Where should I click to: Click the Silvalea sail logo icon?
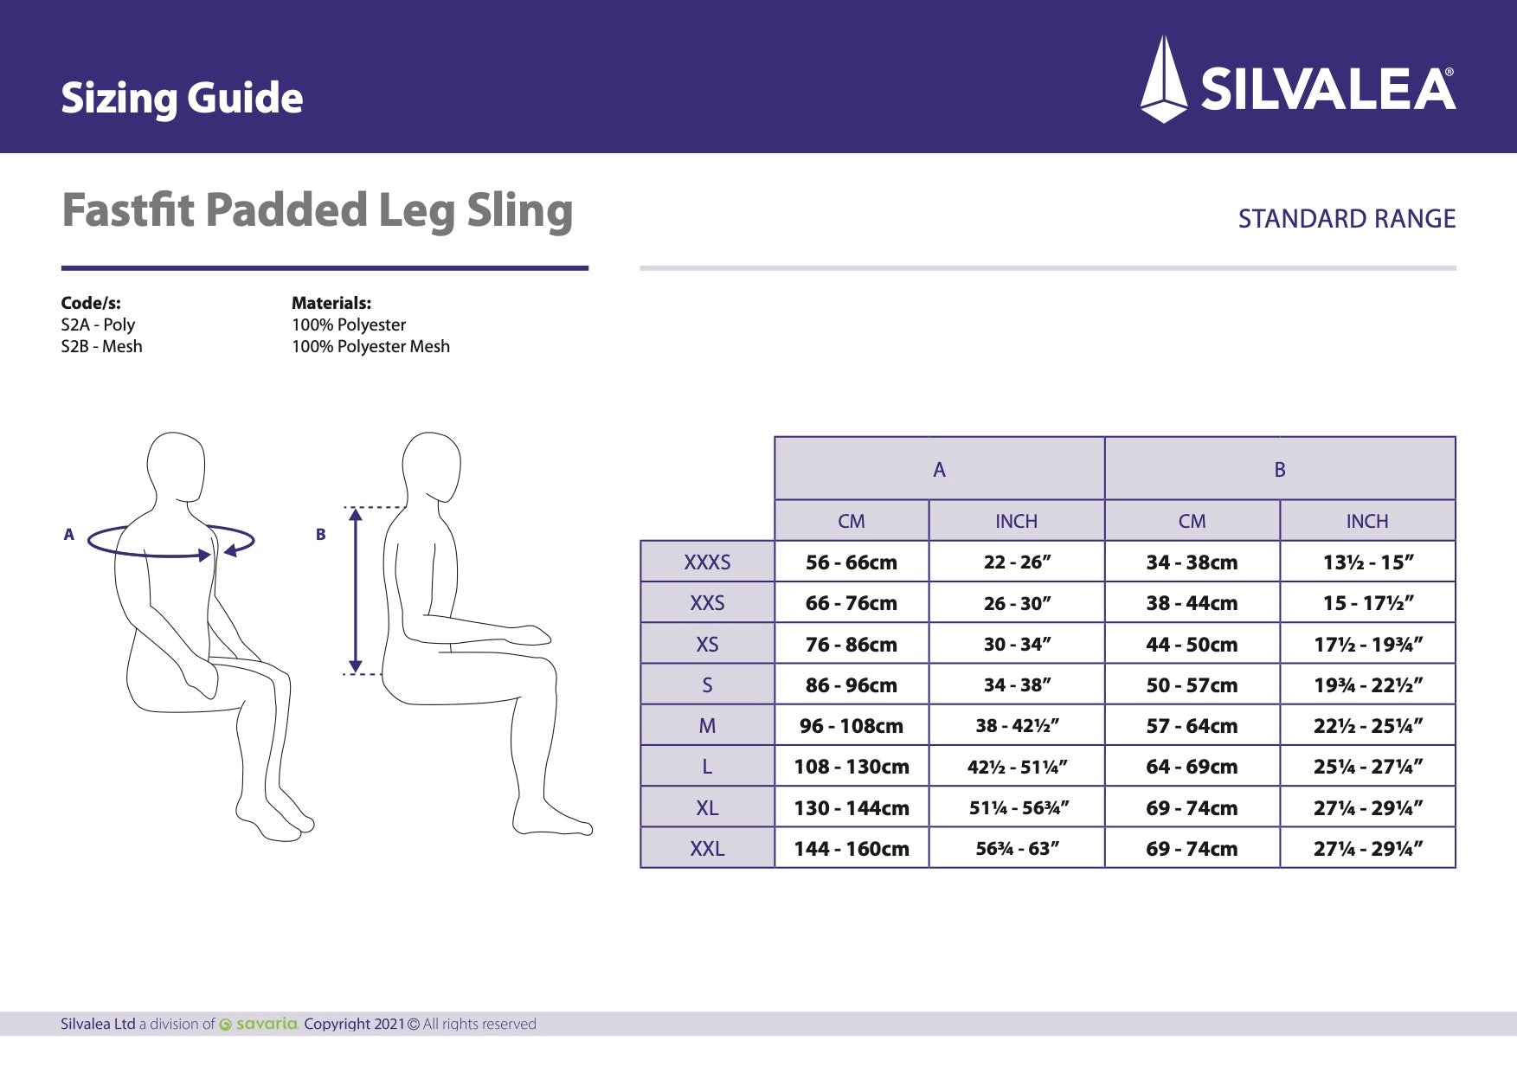pos(1164,80)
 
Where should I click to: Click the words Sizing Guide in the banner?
pos(182,98)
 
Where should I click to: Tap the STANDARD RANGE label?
pos(1347,219)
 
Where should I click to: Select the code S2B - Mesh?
pos(101,346)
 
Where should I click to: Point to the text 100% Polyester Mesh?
pos(370,346)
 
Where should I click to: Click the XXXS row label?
pos(707,562)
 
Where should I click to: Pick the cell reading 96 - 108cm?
pos(852,726)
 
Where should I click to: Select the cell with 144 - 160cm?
pos(852,849)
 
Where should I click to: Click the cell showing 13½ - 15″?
pos(1367,562)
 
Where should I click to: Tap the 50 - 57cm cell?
pos(1192,685)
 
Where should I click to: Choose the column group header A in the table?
pos(939,470)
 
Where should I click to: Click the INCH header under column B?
pos(1366,521)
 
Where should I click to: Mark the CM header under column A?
pos(851,521)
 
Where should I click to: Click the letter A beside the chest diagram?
pos(69,535)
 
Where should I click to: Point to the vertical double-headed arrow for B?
pos(355,590)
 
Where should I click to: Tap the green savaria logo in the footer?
pos(260,1024)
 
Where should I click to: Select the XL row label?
pos(707,808)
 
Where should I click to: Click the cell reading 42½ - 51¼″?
pos(1017,767)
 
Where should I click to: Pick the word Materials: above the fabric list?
pos(331,303)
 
